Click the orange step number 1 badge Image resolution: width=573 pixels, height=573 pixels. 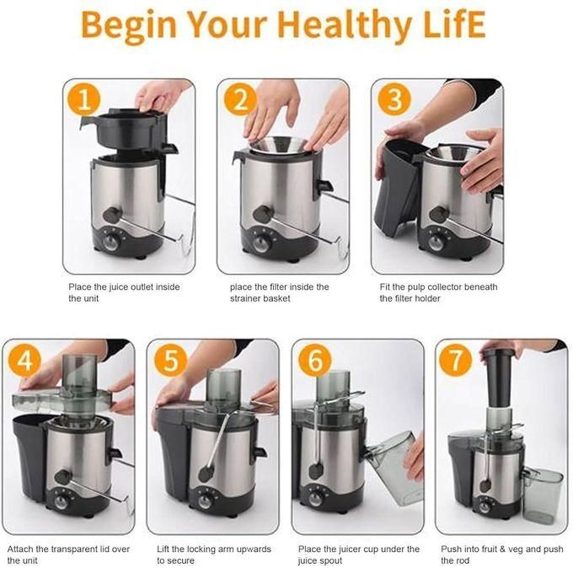tap(84, 99)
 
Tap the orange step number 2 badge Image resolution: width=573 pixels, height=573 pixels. tap(240, 99)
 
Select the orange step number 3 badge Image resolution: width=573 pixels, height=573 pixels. tap(394, 99)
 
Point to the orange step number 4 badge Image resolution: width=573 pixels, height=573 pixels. tap(24, 361)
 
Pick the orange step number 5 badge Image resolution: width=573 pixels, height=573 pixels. tap(170, 361)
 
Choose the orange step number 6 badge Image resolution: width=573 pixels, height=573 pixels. tap(315, 361)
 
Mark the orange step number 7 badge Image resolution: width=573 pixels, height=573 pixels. tap(455, 361)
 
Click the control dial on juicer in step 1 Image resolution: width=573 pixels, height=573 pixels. tap(110, 242)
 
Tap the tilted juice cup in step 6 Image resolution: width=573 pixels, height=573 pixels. tap(394, 468)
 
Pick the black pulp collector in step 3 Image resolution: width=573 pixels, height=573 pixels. tap(397, 186)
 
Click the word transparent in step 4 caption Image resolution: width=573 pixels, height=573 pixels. tap(74, 549)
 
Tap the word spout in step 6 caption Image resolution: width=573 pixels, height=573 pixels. tap(330, 561)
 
